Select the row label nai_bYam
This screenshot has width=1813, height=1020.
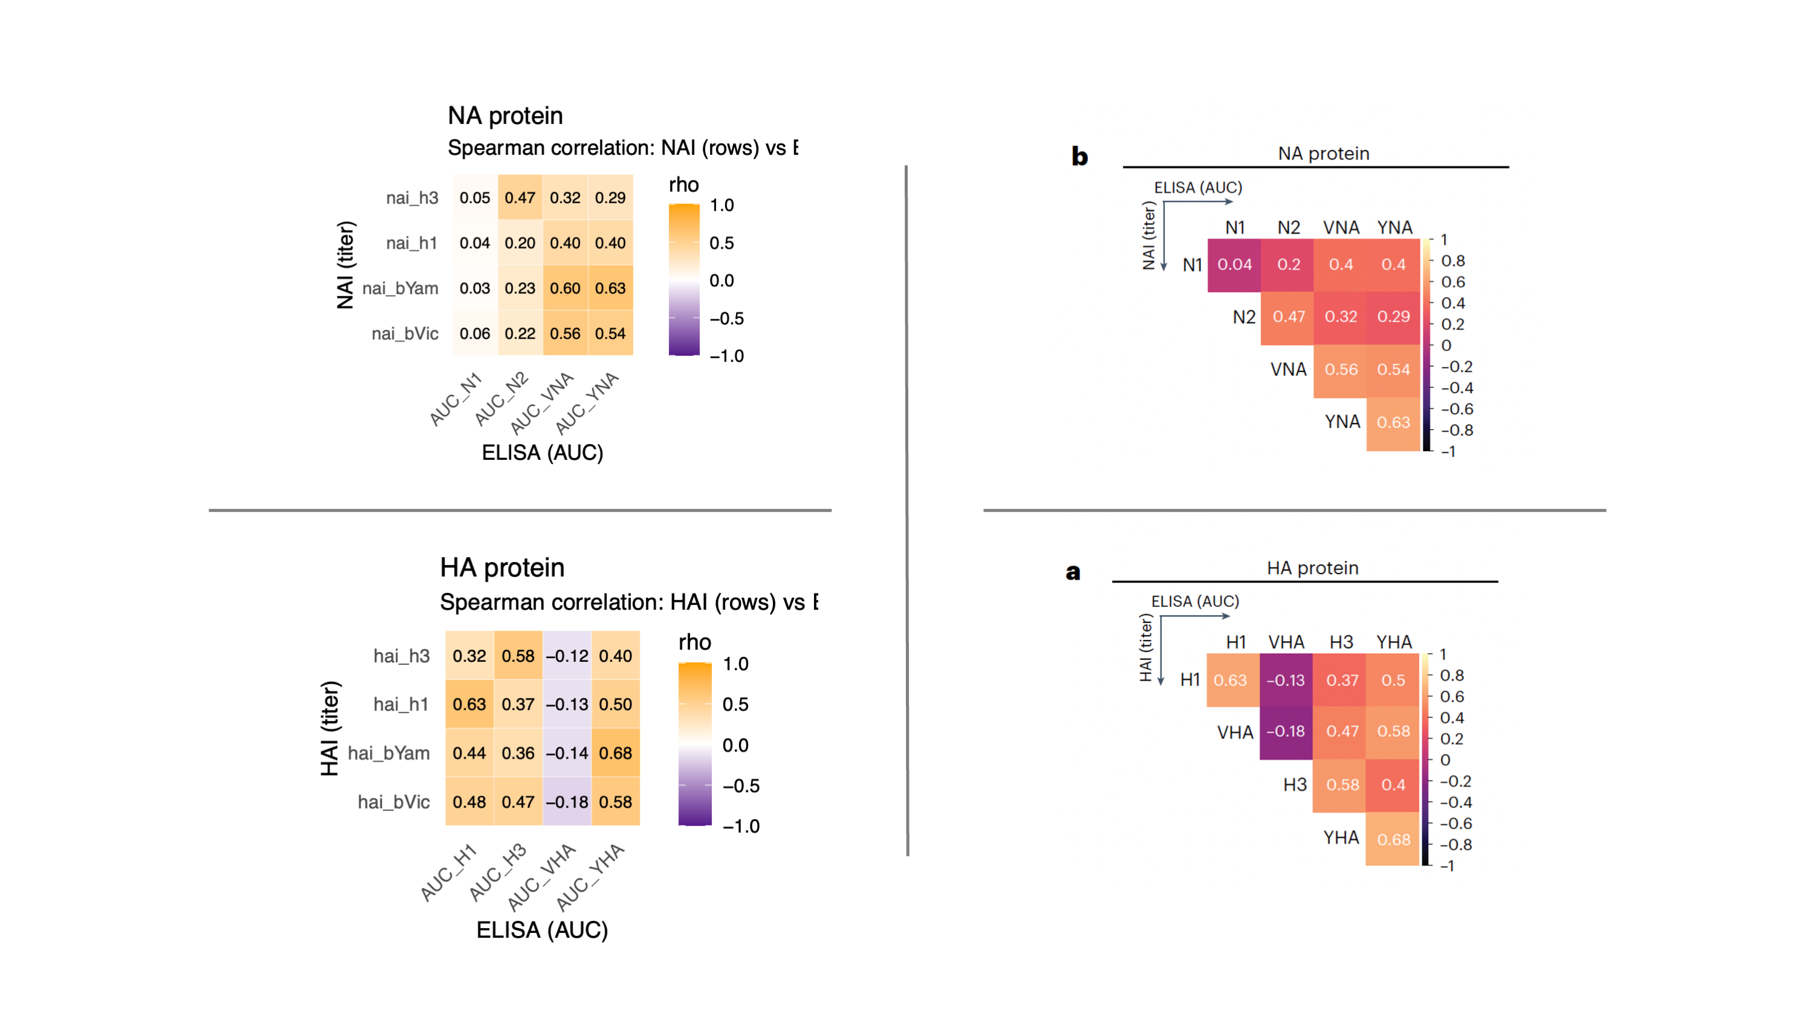(400, 289)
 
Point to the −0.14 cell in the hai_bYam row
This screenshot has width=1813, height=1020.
(567, 753)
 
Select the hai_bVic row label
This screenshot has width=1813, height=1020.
(394, 802)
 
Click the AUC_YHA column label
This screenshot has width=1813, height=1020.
(590, 877)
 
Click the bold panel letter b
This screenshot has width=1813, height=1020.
(1079, 155)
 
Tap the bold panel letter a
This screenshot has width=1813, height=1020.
(1073, 572)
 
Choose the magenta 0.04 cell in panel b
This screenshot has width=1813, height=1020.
(1234, 264)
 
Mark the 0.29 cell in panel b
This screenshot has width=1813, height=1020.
(1393, 317)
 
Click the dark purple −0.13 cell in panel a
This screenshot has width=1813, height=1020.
(1285, 680)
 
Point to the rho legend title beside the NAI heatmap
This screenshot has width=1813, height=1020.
(683, 185)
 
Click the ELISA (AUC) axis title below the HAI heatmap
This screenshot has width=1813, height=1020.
(542, 930)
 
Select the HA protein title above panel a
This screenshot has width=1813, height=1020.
(1313, 568)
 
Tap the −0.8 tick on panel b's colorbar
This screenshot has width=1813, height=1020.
(1457, 430)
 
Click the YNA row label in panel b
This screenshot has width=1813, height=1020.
(1342, 422)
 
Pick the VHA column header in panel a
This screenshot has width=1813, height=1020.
(1286, 642)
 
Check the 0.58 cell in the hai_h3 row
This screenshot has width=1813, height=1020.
(518, 656)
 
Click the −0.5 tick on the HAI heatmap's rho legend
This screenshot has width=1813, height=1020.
(741, 786)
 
